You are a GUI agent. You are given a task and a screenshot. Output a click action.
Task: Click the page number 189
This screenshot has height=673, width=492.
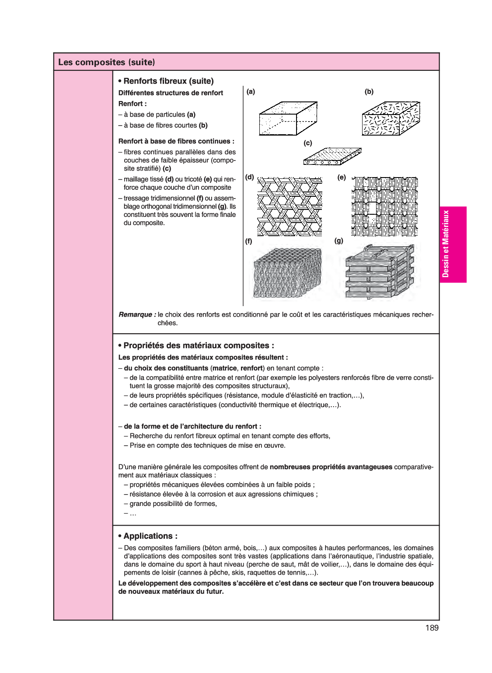[x=431, y=628]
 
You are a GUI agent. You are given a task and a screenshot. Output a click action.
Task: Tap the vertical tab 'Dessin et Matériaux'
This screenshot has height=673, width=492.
[x=446, y=244]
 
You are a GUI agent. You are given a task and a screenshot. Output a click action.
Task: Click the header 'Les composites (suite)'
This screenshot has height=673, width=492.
[x=106, y=62]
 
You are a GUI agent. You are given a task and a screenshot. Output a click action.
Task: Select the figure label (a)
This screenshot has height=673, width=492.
[x=251, y=91]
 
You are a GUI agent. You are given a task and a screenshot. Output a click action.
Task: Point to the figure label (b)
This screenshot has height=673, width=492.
[x=369, y=91]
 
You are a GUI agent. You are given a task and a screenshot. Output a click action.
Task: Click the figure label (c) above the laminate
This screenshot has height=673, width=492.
[x=308, y=143]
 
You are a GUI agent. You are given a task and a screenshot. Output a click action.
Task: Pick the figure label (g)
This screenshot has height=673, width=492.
[x=338, y=241]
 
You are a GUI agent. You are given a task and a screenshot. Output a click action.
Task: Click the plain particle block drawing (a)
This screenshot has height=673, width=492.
[x=288, y=119]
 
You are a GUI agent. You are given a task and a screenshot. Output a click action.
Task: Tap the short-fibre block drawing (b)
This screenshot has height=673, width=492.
[x=391, y=119]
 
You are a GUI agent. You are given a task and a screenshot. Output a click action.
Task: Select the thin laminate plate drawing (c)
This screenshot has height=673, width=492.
[x=332, y=157]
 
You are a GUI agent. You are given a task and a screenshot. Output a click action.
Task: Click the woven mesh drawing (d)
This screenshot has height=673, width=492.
[x=290, y=206]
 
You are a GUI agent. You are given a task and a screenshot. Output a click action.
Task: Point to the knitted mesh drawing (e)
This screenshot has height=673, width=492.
[x=384, y=206]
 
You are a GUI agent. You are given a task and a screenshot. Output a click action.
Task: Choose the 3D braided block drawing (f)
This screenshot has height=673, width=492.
[x=287, y=273]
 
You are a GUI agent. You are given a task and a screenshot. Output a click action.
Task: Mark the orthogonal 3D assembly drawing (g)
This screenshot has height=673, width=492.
[x=379, y=272]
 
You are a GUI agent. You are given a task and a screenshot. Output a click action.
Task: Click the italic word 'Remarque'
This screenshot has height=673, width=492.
[x=136, y=314]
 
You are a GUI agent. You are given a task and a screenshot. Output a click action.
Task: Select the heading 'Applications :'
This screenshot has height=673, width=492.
[x=150, y=536]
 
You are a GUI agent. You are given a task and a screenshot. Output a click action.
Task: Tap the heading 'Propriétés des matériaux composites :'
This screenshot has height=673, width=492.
[x=199, y=345]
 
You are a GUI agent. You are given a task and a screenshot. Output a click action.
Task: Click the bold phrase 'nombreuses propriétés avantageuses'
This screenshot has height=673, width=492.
[x=331, y=467]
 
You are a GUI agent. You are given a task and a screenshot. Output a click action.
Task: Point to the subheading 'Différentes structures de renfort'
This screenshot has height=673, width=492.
[x=171, y=93]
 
